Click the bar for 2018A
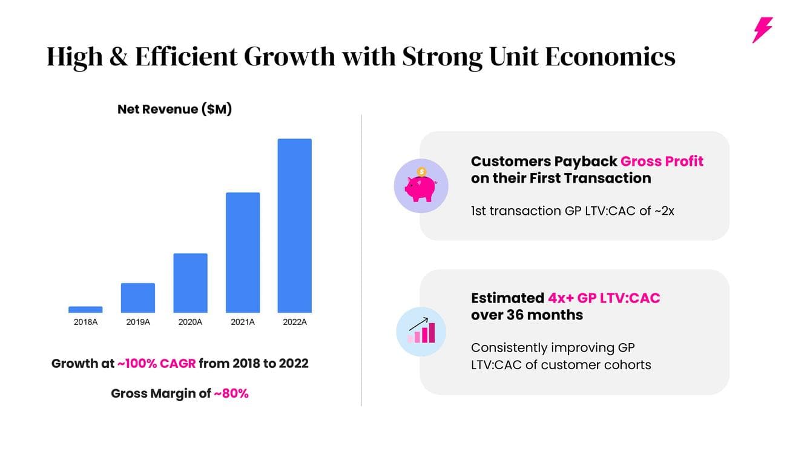point(85,309)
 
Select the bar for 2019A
point(138,298)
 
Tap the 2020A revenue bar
point(190,283)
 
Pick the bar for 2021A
point(243,252)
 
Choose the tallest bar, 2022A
point(295,226)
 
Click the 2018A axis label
point(85,322)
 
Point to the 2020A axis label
point(190,322)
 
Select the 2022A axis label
point(295,322)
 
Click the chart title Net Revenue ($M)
point(174,110)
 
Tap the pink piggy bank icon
point(421,186)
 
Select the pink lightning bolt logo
point(762,30)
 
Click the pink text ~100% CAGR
point(156,364)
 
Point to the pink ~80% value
point(231,393)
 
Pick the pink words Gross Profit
point(662,162)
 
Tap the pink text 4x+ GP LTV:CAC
point(604,298)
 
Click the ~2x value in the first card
point(664,211)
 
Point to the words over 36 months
point(527,315)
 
